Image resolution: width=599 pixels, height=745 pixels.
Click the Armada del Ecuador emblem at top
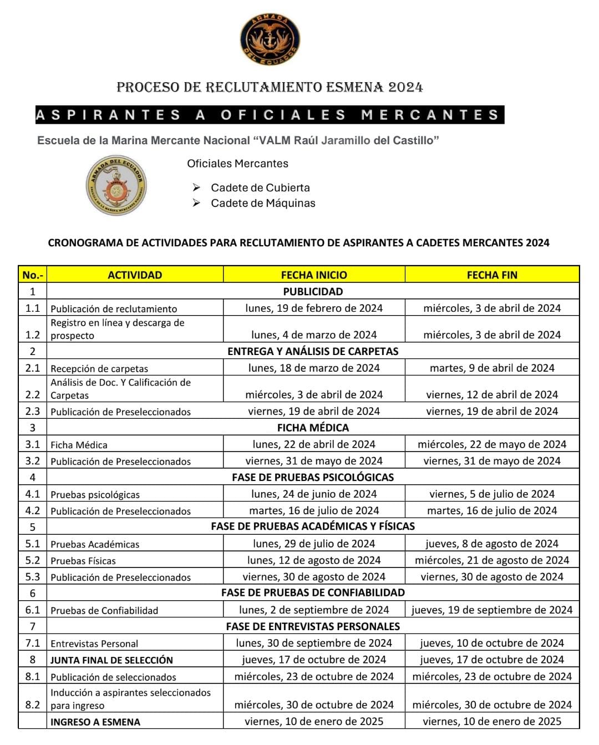(x=270, y=39)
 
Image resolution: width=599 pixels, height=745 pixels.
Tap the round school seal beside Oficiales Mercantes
(x=116, y=185)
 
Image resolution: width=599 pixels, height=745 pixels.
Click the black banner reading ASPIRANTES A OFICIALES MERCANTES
(x=270, y=115)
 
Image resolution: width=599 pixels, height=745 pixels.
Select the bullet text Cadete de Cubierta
(x=260, y=187)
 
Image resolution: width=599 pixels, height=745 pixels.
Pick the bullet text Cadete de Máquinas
(x=263, y=203)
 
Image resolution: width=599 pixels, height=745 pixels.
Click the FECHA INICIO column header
(x=314, y=275)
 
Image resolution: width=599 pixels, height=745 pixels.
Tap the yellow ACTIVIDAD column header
(x=135, y=275)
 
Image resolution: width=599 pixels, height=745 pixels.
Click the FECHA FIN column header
(x=492, y=275)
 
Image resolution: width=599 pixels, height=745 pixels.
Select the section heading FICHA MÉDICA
(x=313, y=428)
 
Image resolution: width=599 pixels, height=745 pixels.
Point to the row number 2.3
(x=33, y=411)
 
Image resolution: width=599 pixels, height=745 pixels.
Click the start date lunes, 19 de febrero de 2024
(x=314, y=308)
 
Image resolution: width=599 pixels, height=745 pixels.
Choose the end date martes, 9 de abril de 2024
(x=492, y=368)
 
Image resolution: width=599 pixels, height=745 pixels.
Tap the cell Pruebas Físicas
(x=83, y=561)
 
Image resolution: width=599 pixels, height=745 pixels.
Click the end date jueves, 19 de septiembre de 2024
(x=492, y=610)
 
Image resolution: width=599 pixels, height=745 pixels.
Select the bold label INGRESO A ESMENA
(x=95, y=722)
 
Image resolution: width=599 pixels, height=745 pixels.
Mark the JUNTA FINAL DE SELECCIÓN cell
(x=111, y=660)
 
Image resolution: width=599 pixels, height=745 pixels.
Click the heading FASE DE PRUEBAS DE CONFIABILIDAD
(x=313, y=592)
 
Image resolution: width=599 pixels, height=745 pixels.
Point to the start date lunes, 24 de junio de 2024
(x=314, y=494)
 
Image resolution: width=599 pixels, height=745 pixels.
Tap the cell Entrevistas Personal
(x=94, y=643)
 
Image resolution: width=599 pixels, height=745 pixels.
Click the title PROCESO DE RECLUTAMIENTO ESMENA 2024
(x=270, y=87)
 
